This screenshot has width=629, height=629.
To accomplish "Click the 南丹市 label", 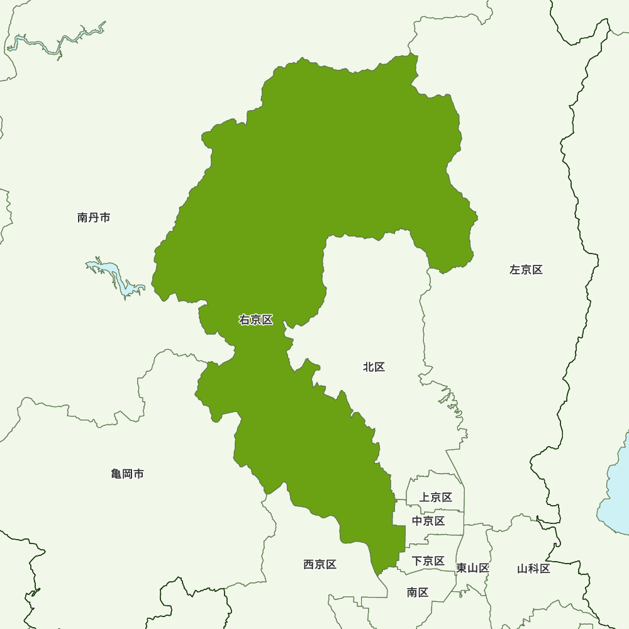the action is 94,218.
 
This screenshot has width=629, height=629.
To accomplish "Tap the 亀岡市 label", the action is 127,474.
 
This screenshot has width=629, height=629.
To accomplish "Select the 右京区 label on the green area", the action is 256,320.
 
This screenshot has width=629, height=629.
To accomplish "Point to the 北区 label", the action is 374,367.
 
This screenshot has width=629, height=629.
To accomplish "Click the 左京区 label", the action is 526,270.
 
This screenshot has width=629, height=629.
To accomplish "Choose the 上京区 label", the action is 435,498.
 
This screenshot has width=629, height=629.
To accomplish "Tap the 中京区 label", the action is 428,521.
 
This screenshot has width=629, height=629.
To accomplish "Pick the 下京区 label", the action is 428,561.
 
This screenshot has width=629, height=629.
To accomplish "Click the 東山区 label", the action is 472,568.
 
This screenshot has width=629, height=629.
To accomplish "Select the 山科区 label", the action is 533,569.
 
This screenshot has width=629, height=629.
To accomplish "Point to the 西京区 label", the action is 320,565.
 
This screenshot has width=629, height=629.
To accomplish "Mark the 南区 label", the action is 418,592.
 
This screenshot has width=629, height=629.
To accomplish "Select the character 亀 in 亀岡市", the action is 116,474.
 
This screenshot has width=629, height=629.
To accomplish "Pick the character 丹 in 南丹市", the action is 94,218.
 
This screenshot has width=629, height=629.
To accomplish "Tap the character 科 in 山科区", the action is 533,569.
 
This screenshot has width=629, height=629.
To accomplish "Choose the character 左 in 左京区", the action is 515,270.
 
